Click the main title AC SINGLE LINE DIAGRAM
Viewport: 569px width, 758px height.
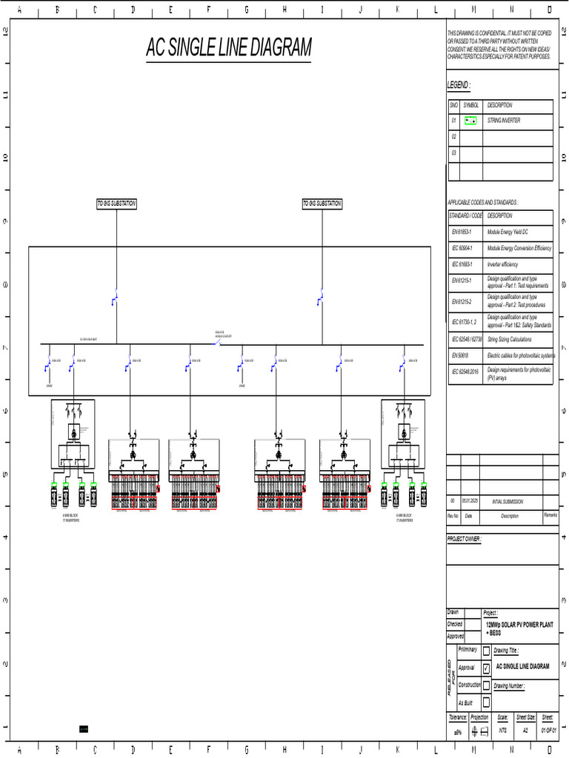228,48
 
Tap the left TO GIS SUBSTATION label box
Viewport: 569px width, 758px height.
117,204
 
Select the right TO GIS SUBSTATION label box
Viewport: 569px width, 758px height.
322,204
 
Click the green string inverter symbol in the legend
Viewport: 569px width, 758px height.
470,120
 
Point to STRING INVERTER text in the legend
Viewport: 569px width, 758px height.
504,120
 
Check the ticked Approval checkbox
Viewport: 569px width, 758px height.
486,668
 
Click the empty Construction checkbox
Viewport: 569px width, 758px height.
486,685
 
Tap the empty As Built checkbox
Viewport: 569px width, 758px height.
486,702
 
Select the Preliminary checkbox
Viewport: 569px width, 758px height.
486,651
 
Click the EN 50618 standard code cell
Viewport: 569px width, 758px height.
465,355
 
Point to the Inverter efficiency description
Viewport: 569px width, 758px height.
502,264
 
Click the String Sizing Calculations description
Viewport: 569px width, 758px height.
509,339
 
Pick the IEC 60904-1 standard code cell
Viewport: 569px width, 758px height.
466,248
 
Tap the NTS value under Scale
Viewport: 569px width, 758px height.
503,731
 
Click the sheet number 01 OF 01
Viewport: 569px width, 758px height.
548,731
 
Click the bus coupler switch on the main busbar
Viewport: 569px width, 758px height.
218,343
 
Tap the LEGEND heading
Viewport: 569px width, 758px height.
458,85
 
